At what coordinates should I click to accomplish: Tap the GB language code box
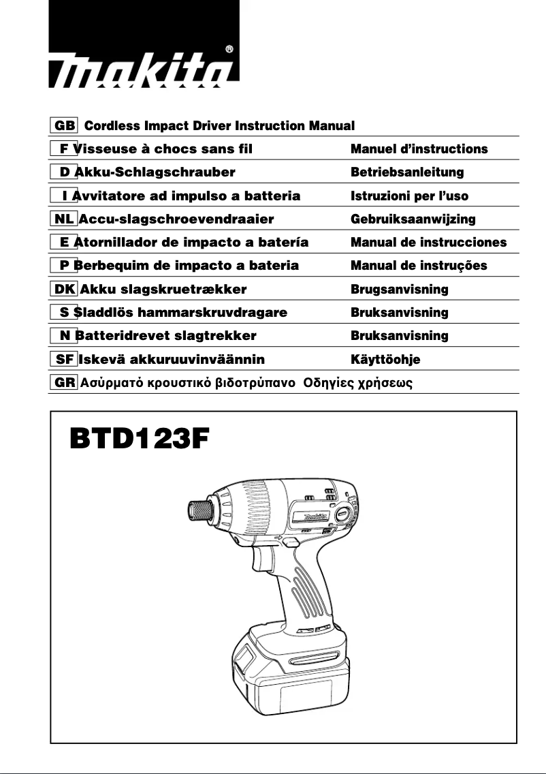pyautogui.click(x=65, y=126)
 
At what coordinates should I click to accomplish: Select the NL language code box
pyautogui.click(x=64, y=219)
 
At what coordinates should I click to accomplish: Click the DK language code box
pyautogui.click(x=65, y=289)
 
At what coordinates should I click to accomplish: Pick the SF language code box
pyautogui.click(x=65, y=358)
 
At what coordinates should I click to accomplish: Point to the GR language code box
pyautogui.click(x=65, y=382)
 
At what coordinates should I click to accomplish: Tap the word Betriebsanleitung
pyautogui.click(x=406, y=172)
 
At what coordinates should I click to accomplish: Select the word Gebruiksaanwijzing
pyautogui.click(x=413, y=219)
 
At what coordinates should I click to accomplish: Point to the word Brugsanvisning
pyautogui.click(x=399, y=289)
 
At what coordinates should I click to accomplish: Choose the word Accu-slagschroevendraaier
pyautogui.click(x=176, y=219)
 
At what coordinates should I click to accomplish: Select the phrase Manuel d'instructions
pyautogui.click(x=419, y=149)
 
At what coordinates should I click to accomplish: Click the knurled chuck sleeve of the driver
pyautogui.click(x=199, y=511)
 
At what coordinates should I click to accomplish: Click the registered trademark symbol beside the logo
pyautogui.click(x=229, y=49)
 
